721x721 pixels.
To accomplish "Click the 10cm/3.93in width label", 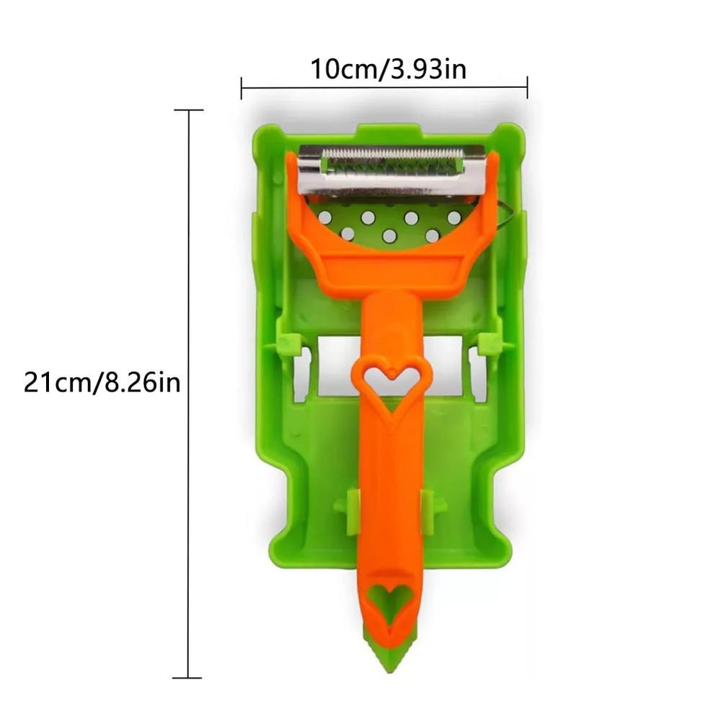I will [388, 70].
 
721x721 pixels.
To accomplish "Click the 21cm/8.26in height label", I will [102, 381].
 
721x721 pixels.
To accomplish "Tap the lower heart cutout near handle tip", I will [390, 601].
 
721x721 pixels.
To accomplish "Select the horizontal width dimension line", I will [384, 88].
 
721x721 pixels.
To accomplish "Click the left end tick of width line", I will [242, 88].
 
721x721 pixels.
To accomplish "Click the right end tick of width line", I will [527, 88].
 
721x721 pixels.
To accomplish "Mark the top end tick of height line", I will [189, 110].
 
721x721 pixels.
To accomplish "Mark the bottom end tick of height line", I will [189, 678].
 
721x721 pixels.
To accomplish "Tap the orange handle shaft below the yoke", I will [392, 324].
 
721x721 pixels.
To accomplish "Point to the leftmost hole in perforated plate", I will [325, 216].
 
